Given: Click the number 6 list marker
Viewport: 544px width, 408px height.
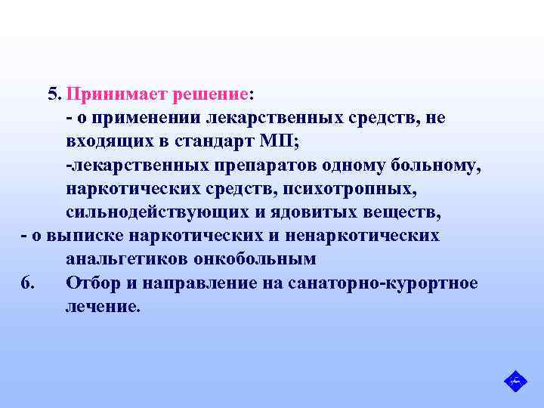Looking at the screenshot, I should [27, 283].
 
